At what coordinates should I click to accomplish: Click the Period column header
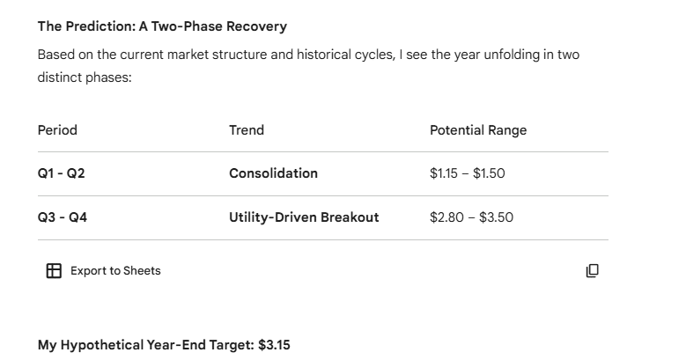(x=57, y=130)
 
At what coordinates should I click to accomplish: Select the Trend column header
(x=247, y=130)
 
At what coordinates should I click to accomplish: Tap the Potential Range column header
(x=478, y=130)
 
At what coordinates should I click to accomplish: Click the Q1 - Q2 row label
(x=62, y=173)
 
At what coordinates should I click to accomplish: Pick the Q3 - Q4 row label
(x=63, y=217)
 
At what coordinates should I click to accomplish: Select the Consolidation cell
(x=273, y=173)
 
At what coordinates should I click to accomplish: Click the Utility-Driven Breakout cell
(x=304, y=217)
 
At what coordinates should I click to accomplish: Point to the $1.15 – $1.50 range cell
(x=468, y=173)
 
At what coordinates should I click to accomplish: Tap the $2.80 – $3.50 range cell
(x=471, y=217)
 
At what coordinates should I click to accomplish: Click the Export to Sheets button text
(x=115, y=271)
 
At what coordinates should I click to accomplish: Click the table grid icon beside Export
(x=54, y=271)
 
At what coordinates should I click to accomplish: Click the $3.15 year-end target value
(x=274, y=345)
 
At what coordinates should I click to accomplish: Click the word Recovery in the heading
(x=258, y=26)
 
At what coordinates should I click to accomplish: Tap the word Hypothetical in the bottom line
(x=104, y=345)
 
